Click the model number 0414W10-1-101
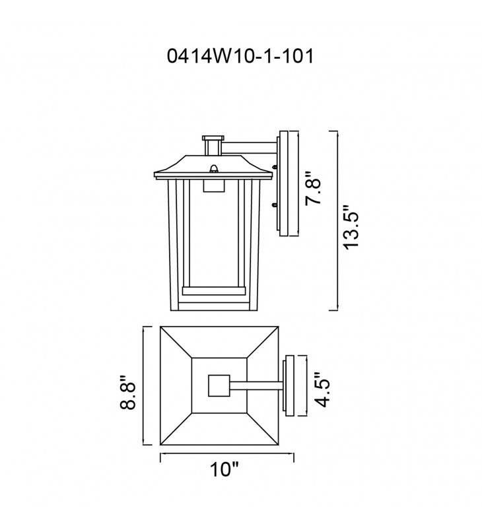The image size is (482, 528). (240, 56)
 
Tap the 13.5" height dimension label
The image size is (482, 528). (351, 227)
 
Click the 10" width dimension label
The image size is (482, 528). (224, 469)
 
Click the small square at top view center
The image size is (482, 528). (219, 385)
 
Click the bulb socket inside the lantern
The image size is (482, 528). (214, 185)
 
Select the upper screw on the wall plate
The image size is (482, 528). (275, 167)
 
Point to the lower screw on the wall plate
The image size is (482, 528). (275, 205)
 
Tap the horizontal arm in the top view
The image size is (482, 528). (256, 386)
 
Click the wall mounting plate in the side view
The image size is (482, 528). (287, 183)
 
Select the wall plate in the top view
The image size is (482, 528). (289, 385)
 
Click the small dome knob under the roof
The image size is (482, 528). (213, 169)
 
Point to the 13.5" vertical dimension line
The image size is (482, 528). (337, 220)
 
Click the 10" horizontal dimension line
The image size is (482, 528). (226, 453)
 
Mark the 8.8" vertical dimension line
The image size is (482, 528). (144, 385)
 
